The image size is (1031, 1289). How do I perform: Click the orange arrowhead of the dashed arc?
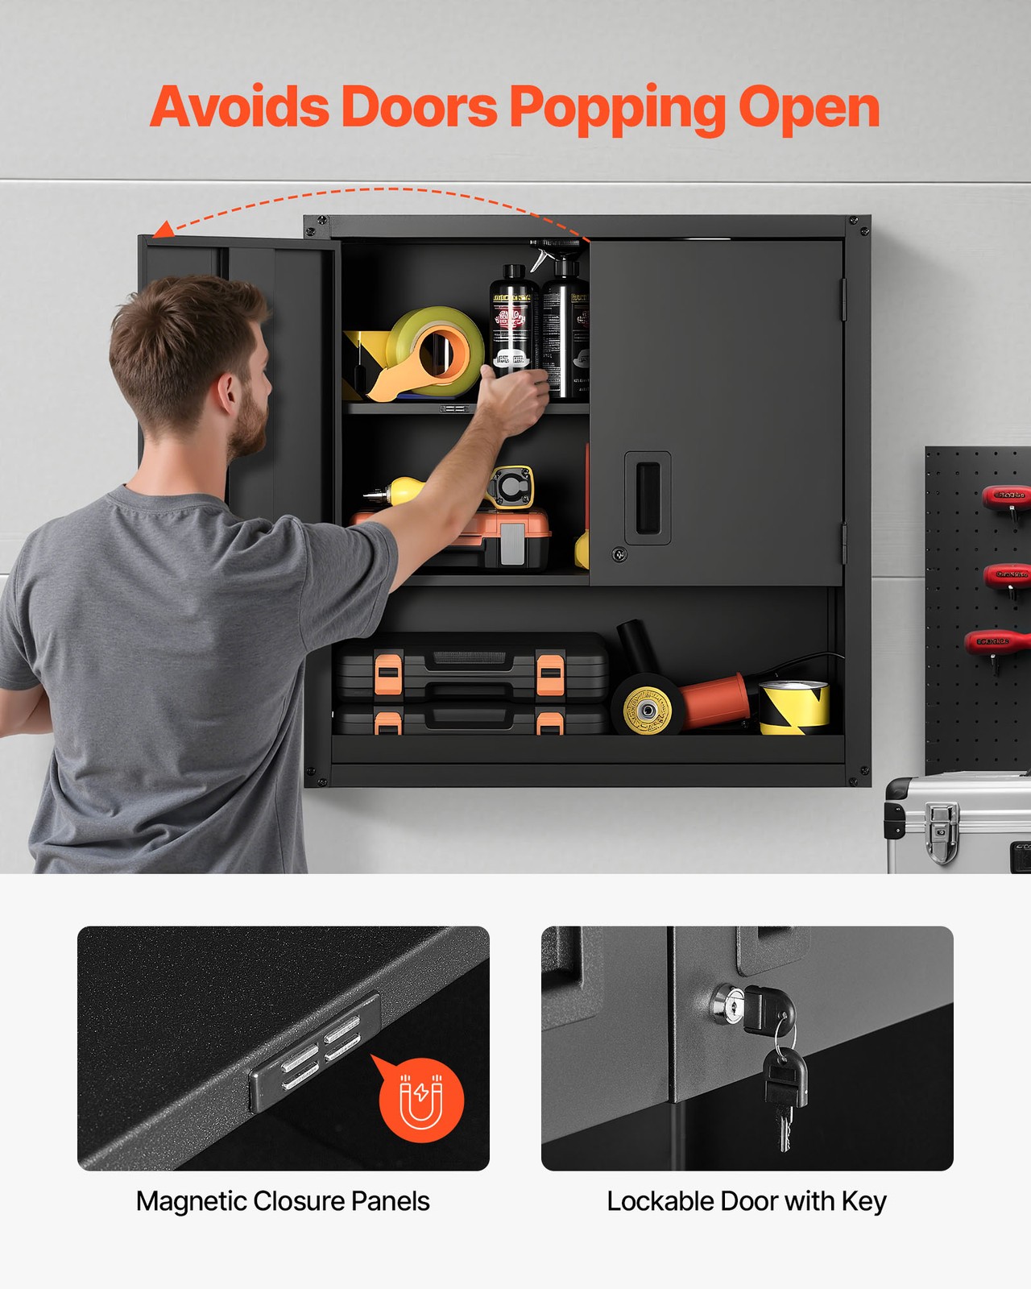coord(163,230)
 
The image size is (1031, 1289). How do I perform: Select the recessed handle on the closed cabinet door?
coord(648,498)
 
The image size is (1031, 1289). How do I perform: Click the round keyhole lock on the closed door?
coord(619,554)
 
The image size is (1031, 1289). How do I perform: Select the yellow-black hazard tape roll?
coord(795,707)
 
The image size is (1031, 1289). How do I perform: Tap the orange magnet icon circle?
coord(421,1100)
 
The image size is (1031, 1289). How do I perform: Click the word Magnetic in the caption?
coord(191,1201)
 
